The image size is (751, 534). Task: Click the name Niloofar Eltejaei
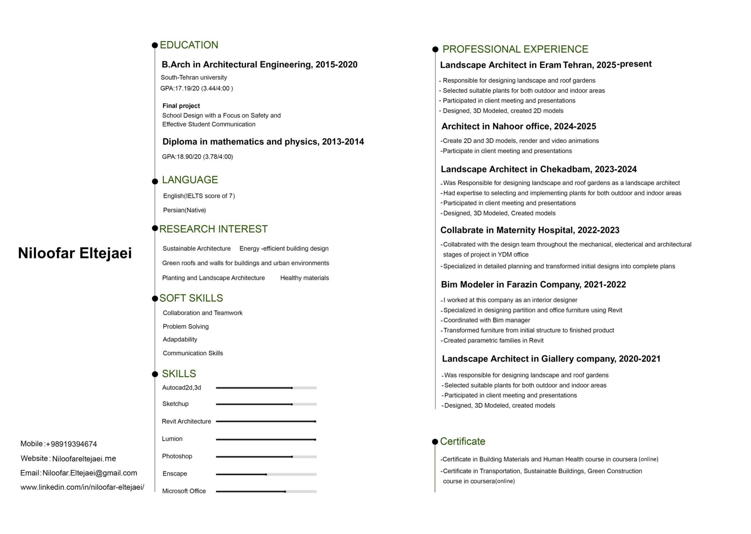coord(75,253)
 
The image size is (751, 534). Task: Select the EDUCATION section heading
coord(189,45)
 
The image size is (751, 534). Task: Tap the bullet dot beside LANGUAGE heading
coord(155,181)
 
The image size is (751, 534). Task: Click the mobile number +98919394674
coord(71,444)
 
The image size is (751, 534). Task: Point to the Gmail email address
coord(90,473)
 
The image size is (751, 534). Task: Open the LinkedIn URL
coord(82,487)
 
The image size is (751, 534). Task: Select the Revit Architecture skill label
coord(186,421)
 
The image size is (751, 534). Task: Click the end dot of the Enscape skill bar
coord(266,474)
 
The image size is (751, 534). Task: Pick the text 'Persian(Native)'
coord(184,210)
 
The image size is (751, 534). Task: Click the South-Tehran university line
coord(194,78)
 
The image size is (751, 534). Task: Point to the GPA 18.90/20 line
coord(197,157)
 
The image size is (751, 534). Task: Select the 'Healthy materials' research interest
coord(304,278)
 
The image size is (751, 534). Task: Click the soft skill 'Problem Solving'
coord(186,326)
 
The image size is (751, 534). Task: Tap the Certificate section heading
coord(462,441)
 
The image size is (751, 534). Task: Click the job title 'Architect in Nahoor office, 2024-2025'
coord(518,126)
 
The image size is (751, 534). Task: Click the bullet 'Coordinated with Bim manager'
coord(487,320)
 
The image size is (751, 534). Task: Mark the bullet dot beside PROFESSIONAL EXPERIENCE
coord(435,49)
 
